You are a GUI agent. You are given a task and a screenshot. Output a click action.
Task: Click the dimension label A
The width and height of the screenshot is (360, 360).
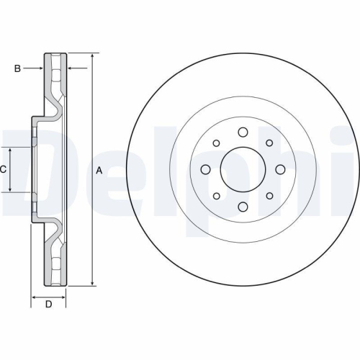[x=99, y=170]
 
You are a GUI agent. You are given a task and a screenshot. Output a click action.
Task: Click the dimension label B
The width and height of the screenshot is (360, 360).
[x=17, y=68]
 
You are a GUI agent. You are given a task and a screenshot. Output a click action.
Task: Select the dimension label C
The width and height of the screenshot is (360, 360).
[x=4, y=170]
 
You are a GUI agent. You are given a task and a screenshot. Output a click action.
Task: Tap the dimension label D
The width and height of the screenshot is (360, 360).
[x=49, y=304]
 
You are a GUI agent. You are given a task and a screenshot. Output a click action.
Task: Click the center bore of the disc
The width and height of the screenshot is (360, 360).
[x=241, y=169]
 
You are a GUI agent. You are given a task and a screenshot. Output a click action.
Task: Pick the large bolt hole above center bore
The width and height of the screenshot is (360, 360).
[x=242, y=132]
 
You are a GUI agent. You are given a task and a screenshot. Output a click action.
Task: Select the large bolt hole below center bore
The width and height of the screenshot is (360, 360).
[x=242, y=207]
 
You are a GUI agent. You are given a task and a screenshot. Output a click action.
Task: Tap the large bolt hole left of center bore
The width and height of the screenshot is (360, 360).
[x=205, y=170]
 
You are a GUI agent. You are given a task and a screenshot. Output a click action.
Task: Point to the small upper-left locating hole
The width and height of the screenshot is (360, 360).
[x=215, y=143]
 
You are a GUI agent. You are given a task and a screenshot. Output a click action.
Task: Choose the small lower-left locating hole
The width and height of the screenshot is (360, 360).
[x=215, y=196]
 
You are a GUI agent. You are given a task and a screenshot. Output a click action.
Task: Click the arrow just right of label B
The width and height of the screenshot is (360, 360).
[x=40, y=68]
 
